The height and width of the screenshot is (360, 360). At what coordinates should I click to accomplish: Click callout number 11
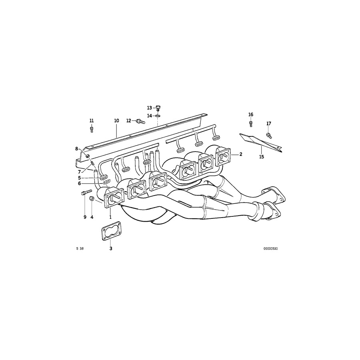[92, 120]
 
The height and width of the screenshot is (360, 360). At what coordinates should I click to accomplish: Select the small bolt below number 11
[92, 129]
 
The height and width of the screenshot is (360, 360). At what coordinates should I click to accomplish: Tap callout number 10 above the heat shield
[116, 120]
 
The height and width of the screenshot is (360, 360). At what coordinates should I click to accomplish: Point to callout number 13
[149, 108]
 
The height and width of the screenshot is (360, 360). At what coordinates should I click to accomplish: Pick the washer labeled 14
[158, 116]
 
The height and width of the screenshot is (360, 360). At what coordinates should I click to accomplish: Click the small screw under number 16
[251, 124]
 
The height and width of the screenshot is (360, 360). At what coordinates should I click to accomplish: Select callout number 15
[261, 157]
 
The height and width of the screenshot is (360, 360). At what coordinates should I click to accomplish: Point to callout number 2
[241, 154]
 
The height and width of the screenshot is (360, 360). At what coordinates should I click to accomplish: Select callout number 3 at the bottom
[111, 248]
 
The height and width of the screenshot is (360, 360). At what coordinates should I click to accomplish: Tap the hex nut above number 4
[92, 198]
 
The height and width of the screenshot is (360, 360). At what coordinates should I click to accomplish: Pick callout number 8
[77, 149]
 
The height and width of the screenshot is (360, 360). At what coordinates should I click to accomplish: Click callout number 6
[80, 183]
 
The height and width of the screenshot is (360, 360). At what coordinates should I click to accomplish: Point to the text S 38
[80, 248]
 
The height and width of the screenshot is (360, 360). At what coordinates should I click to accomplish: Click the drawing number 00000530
[270, 248]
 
